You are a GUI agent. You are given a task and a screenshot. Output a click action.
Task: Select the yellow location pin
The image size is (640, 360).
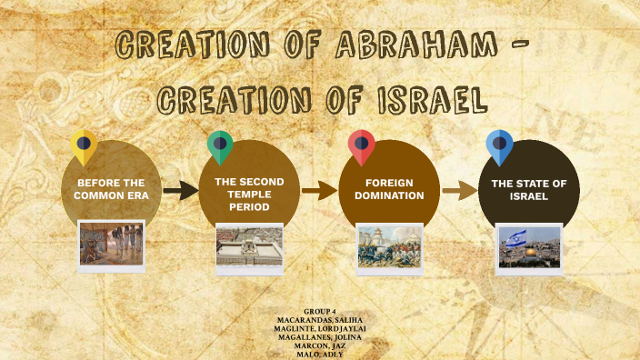pos(84,145)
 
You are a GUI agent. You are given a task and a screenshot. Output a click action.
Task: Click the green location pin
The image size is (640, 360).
pos(219,145)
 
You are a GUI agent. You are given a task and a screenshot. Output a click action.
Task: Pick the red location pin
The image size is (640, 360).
pos(362,145)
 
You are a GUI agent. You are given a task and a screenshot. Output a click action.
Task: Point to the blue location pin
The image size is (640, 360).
pos(499,145)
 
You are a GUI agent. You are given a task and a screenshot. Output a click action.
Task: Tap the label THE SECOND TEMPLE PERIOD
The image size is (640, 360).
pos(249,195)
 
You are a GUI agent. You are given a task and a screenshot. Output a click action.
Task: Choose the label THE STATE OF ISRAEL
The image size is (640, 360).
pos(529,189)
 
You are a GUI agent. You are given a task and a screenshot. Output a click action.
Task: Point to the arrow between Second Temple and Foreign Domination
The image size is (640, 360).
pos(319,190)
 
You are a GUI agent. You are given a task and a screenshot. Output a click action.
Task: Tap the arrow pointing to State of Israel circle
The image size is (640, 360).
pos(459,190)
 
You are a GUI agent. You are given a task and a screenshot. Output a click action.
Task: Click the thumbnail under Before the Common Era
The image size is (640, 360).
pos(111,244)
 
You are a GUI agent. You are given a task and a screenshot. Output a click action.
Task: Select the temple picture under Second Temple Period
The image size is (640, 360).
pos(249,246)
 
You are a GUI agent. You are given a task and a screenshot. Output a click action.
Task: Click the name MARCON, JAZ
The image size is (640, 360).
pos(320,345)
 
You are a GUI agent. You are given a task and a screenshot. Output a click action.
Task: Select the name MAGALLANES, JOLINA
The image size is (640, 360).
pos(320,336)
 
